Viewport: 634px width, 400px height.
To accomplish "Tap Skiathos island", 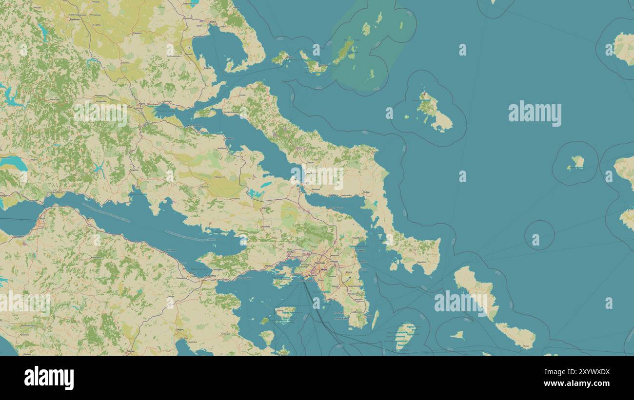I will (x=280, y=58).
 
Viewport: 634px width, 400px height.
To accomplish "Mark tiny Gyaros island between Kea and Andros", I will (x=457, y=335).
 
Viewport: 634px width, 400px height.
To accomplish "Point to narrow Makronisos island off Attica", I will (x=375, y=319).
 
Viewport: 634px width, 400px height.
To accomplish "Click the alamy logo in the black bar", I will (x=49, y=378).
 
